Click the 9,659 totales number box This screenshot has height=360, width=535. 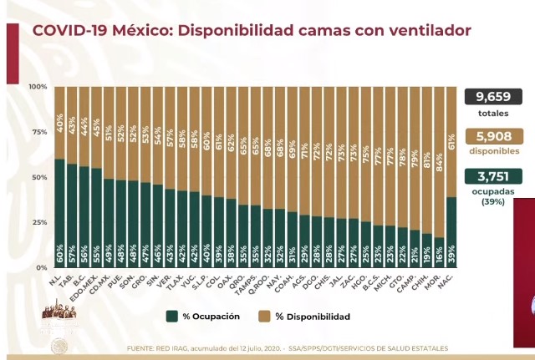tap(493, 97)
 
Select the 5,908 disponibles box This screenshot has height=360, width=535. tap(493, 136)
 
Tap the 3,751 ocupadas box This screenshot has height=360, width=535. tap(493, 176)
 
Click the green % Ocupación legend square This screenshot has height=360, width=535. tap(171, 317)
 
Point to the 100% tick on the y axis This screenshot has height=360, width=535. tap(38, 87)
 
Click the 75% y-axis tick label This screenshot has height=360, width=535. tap(39, 132)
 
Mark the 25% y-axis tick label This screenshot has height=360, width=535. tap(39, 222)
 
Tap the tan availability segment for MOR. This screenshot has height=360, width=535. tap(439, 167)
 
